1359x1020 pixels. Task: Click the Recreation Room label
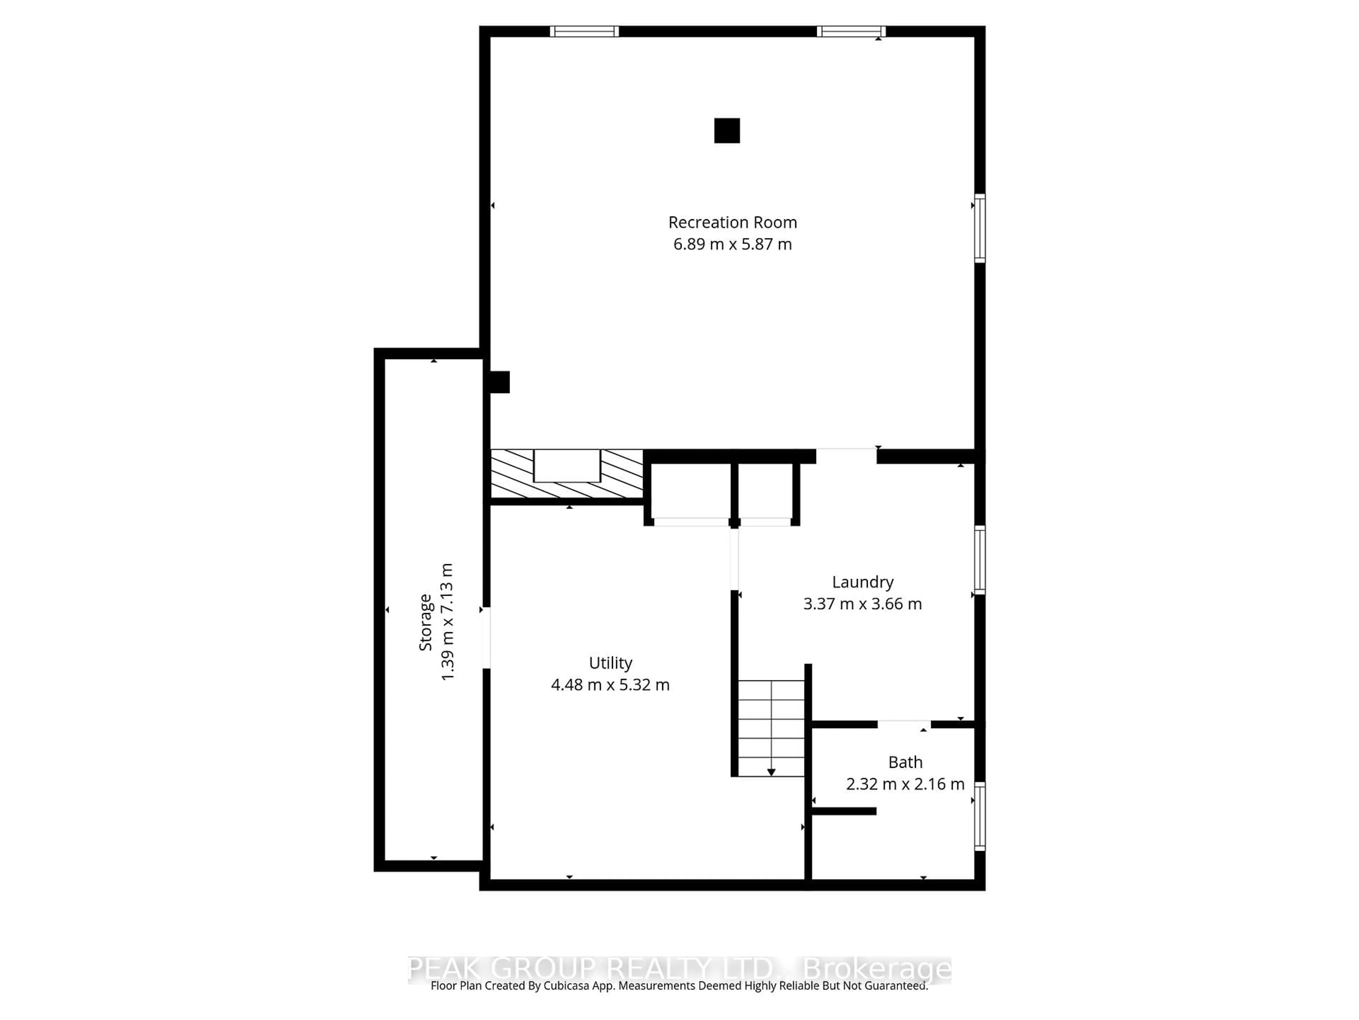(732, 222)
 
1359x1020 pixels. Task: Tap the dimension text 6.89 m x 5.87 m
(732, 244)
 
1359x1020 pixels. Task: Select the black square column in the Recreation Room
(727, 130)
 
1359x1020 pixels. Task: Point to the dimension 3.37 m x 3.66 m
(862, 604)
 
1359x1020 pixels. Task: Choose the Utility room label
(610, 663)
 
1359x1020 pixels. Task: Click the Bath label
(905, 763)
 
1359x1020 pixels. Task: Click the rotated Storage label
(425, 622)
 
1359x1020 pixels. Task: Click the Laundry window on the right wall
(980, 560)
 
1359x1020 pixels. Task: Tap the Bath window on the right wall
(980, 816)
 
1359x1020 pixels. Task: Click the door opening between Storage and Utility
(486, 637)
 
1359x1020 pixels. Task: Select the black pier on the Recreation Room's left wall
(499, 382)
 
